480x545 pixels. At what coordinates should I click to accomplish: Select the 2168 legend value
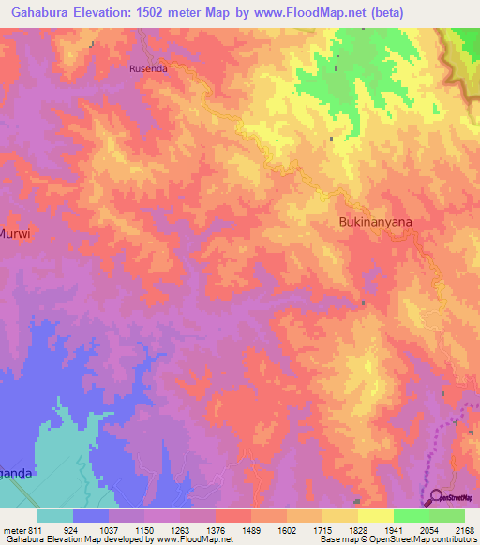[463, 530]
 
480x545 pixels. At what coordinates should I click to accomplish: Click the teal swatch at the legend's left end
[55, 516]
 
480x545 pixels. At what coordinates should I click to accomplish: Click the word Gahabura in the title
[37, 12]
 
